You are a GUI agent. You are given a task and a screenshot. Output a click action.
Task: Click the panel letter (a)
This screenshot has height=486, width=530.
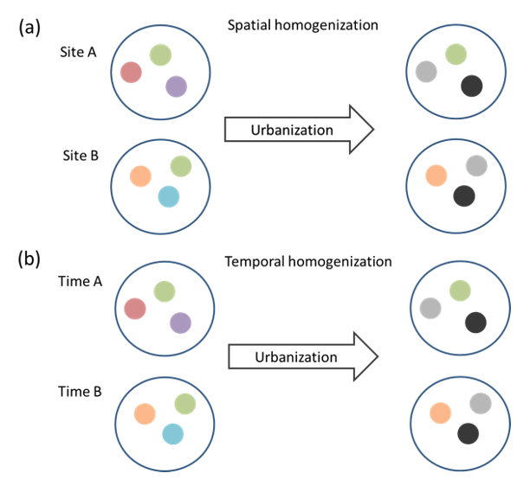pos(29,28)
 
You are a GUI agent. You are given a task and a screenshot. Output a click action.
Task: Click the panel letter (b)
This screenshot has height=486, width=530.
pos(29,259)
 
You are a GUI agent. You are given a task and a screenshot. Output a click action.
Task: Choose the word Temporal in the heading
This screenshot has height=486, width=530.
pos(258,261)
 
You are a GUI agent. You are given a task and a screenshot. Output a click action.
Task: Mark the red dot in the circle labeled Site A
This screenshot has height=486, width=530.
pos(131,73)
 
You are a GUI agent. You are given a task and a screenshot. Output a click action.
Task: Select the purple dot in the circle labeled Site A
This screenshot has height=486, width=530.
pos(176,86)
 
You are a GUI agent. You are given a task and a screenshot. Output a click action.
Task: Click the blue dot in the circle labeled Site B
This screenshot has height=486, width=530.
pos(169,197)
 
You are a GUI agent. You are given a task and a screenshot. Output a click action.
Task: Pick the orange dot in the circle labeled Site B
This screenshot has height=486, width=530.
pos(140,176)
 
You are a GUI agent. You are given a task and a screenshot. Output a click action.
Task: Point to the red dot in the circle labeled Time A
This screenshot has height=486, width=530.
pos(135,308)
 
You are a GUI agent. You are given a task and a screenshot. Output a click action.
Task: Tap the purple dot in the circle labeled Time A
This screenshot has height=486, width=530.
pos(180,323)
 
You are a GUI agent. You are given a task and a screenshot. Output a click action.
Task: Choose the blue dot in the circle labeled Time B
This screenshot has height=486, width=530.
pos(172,433)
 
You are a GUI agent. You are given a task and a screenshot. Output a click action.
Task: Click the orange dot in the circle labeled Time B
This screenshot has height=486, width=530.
pos(144,413)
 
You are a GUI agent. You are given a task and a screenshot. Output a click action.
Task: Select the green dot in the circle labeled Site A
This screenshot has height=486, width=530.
pos(160,54)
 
